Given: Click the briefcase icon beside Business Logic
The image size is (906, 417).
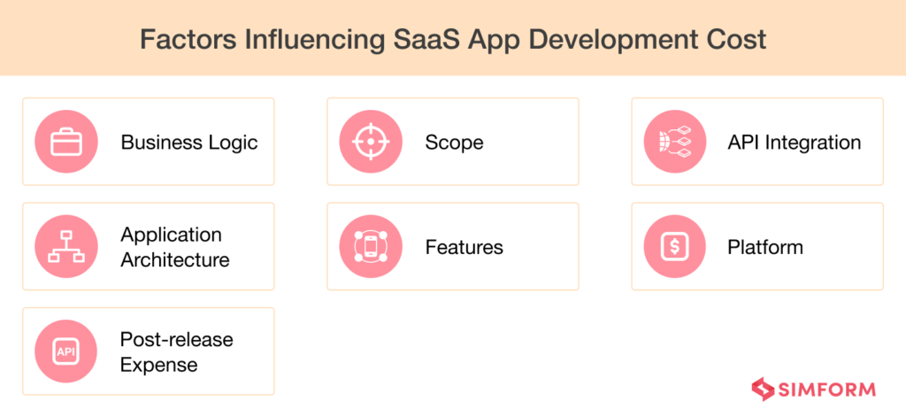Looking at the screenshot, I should coord(66,142).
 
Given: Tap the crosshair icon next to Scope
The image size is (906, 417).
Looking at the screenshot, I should coord(371,142).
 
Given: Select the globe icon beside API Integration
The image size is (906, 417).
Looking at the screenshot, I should coord(675,142).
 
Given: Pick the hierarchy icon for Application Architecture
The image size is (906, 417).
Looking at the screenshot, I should coord(66,247).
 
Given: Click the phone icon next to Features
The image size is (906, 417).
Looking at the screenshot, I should coord(371,247).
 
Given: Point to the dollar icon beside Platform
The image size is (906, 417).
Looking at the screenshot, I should coord(675,247).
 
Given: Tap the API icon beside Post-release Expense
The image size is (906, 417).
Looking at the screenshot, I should coord(66,351).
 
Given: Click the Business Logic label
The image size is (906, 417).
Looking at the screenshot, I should coord(189,143).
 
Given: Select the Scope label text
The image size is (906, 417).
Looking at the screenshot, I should coord(454,143).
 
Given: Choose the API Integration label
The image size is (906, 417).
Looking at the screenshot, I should coord(794,143).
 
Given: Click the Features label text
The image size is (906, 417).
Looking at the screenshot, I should coord(464,248).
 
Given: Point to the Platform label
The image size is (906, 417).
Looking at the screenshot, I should coord(765,248).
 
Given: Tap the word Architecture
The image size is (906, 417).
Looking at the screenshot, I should coord(175,260).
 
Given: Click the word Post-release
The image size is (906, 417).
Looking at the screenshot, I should coord(177,340).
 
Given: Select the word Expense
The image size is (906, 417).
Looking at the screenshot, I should coord(159,365).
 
